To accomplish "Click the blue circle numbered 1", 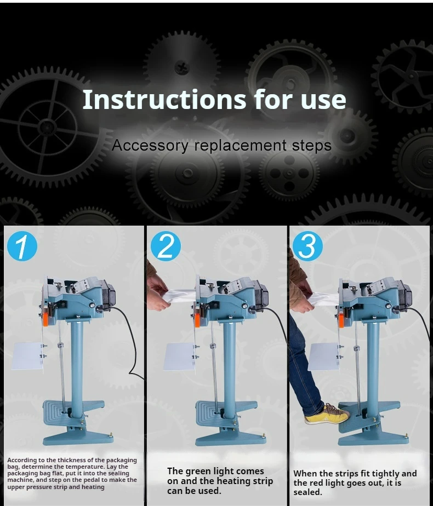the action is pos(22,246).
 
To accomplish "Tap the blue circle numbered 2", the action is pos(166,246).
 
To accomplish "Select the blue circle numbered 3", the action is pos(307,246).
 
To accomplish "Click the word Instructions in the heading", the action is pos(164,99).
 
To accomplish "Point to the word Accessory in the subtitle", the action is pos(150,146).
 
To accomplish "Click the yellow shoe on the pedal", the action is pos(327,414).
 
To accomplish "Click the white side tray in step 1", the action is pos(27,356).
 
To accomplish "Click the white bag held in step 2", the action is pos(181,296).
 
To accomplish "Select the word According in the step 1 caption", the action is pos(22,461).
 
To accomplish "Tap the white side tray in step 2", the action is pos(180,357).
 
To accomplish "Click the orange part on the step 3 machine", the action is pos(341,320).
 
